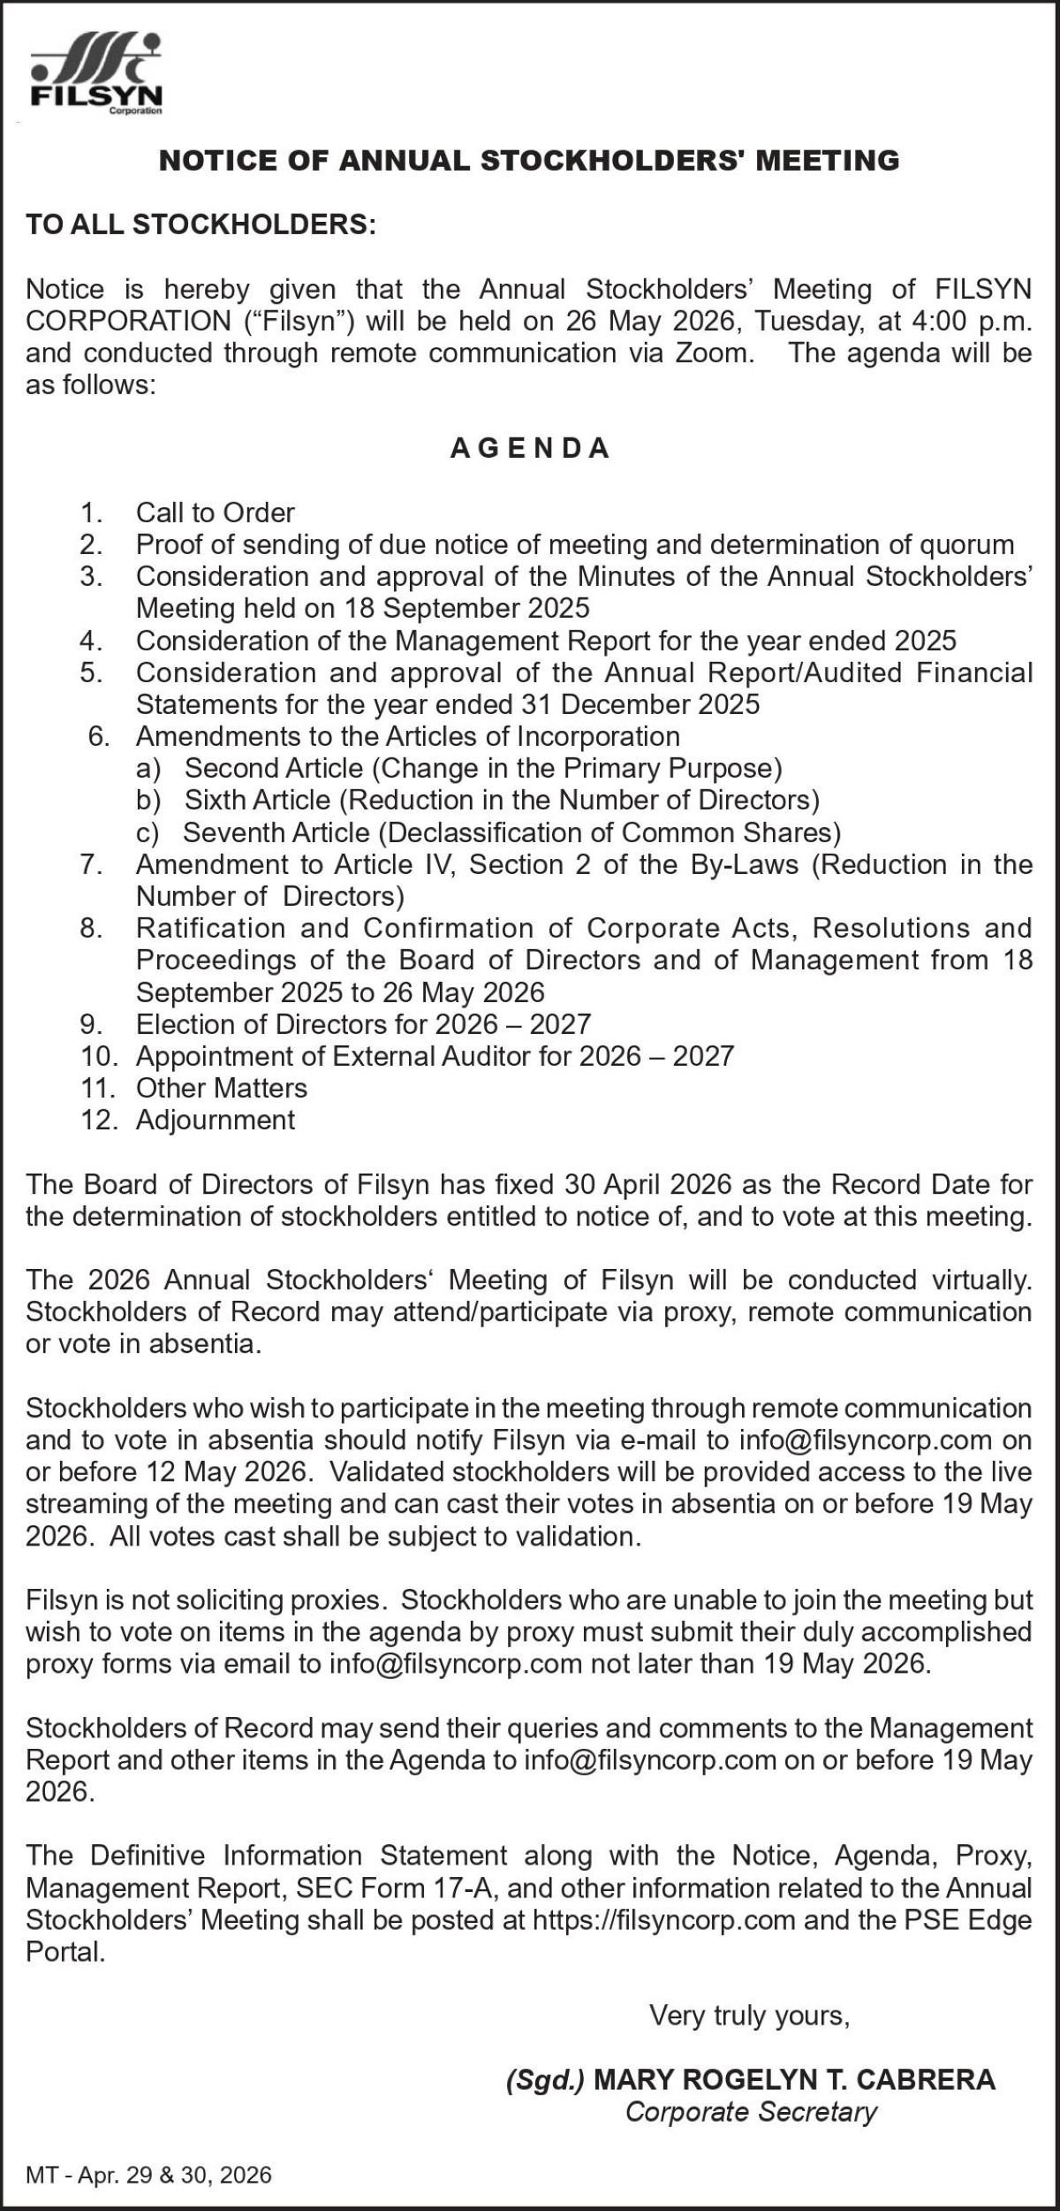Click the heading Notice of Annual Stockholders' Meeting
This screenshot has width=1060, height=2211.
point(528,161)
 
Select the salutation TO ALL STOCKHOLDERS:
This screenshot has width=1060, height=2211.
point(201,224)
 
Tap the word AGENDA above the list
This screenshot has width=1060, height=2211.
point(530,449)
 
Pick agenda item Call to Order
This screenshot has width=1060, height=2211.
point(215,513)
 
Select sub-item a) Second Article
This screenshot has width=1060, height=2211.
point(482,768)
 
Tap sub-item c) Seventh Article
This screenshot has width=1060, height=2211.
point(511,832)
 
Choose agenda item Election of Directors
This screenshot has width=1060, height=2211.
point(362,1024)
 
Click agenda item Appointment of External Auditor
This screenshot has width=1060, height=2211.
point(434,1056)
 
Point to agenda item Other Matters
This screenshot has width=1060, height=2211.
point(221,1088)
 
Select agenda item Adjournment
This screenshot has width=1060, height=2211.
point(215,1120)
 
